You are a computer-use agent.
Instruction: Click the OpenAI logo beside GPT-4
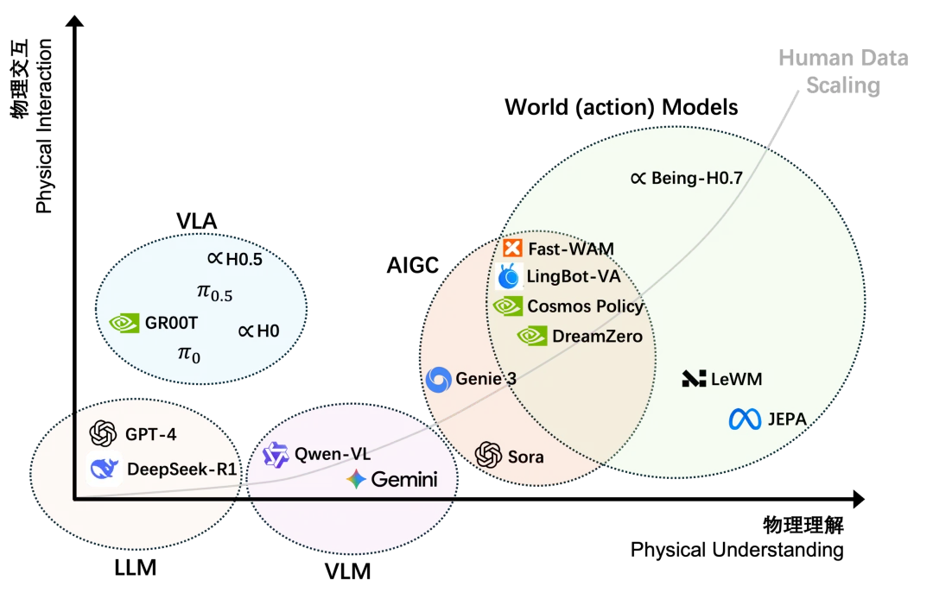coord(102,433)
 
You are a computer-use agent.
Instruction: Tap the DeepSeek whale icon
coord(105,470)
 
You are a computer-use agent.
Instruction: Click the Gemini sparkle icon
coord(356,480)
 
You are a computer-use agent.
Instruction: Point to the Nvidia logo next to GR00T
coord(124,323)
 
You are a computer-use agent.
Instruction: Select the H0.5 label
coord(235,257)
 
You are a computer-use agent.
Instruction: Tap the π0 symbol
coord(188,353)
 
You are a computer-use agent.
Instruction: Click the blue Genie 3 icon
coord(440,379)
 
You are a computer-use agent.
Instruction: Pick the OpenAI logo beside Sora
coord(489,456)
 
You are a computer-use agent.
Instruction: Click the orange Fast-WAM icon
coord(512,249)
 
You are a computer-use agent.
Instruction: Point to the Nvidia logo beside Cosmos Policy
coord(507,306)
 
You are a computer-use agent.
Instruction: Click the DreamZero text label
coord(597,336)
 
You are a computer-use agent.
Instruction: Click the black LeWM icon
coord(694,378)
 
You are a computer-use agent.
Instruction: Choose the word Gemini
coord(403,480)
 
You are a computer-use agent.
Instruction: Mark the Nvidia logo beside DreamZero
coord(531,336)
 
